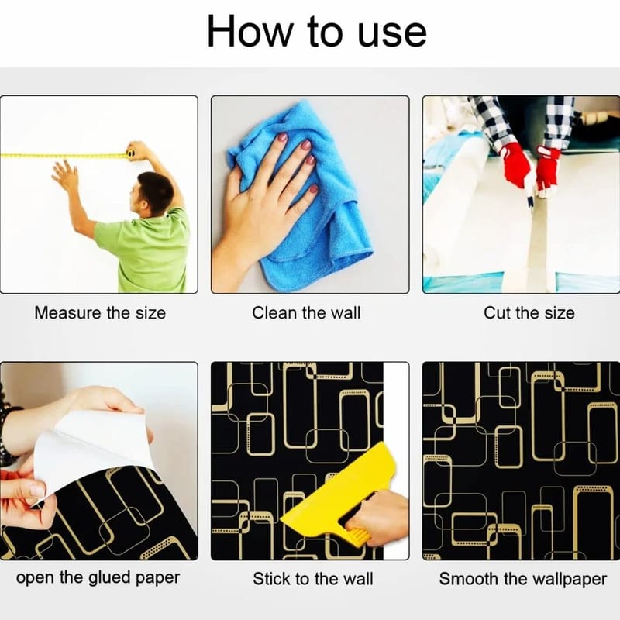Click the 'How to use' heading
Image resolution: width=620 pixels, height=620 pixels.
317,32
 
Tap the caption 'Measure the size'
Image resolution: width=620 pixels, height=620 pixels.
100,313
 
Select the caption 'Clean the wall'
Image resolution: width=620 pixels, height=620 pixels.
306,313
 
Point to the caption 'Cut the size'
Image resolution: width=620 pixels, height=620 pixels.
529,313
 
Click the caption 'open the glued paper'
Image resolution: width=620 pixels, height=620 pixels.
98,578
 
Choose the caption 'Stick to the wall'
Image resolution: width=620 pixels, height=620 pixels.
313,579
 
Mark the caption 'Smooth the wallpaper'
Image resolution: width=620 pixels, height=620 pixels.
522,579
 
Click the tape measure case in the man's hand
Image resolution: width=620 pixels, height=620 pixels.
130,153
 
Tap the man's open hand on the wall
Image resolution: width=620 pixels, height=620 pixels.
65,176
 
